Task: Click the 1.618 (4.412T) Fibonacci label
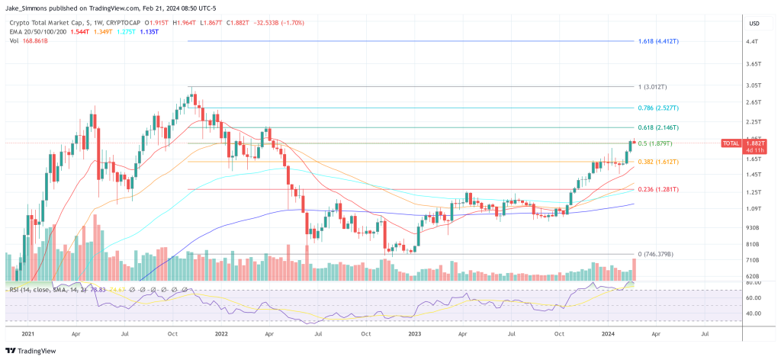pyautogui.click(x=658, y=40)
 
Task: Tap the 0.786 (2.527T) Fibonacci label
pyautogui.click(x=658, y=108)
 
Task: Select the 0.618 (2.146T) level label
pyautogui.click(x=658, y=127)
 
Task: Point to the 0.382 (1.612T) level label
pyautogui.click(x=658, y=162)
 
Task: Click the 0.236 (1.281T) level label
pyautogui.click(x=658, y=189)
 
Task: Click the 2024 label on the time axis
pyautogui.click(x=609, y=333)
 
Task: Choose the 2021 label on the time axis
pyautogui.click(x=28, y=333)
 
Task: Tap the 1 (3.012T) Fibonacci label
pyautogui.click(x=654, y=87)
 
